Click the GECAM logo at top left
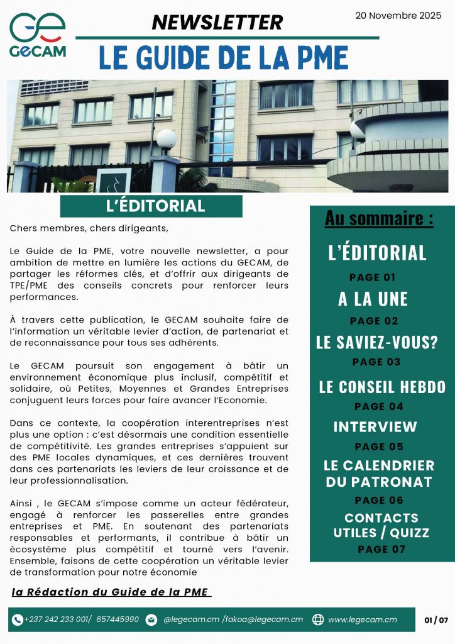point(38,35)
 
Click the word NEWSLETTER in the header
point(217,23)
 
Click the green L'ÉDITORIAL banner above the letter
point(151,206)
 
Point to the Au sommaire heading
point(379,219)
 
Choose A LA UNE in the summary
point(373,299)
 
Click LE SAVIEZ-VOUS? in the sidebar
point(377,343)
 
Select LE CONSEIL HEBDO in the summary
point(382,387)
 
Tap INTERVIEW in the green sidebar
point(375,427)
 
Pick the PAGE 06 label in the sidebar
point(379,501)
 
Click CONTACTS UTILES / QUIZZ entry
point(381,525)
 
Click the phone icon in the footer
point(18,619)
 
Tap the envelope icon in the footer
point(151,619)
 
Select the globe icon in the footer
point(318,619)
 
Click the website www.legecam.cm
point(363,619)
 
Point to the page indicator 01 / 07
point(436,620)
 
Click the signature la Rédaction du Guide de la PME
point(111,592)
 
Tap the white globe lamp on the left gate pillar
point(167,139)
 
